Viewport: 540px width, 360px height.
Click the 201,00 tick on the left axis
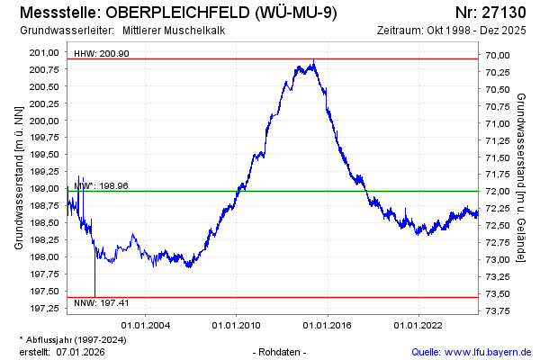[x=46, y=52]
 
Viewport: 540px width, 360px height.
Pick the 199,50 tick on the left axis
[x=46, y=155]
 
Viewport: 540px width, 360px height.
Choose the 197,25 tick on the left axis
[x=46, y=309]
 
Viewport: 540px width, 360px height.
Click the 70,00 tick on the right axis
[x=498, y=56]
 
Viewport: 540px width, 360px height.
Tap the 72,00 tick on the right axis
[x=498, y=192]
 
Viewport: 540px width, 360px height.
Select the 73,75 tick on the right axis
[x=498, y=310]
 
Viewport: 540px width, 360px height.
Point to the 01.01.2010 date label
[x=237, y=325]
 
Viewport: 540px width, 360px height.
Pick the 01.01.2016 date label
[x=328, y=325]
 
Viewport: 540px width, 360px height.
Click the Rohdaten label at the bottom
[x=282, y=352]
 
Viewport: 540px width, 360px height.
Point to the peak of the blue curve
[x=313, y=61]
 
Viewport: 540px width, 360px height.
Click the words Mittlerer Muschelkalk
[x=174, y=31]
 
